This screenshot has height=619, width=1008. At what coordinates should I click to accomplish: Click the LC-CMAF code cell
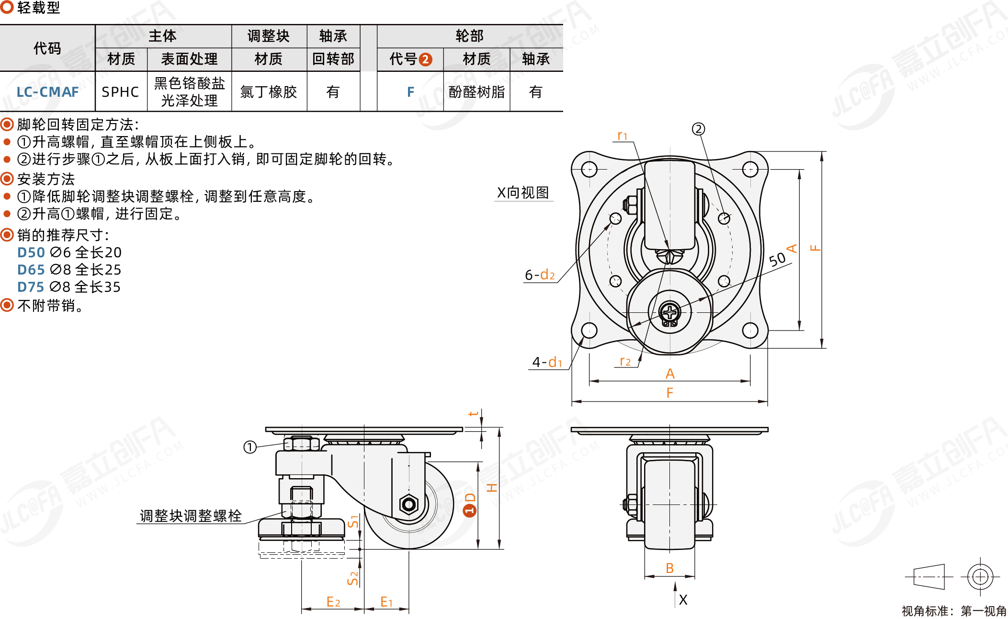pos(47,92)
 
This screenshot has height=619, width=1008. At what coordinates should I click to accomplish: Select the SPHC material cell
pos(120,92)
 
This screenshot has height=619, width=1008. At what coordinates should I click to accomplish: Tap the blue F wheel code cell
pos(410,92)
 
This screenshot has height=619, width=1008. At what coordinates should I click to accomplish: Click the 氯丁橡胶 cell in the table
pos(269,92)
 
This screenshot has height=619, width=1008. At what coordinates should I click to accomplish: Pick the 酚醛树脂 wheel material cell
pos(476,92)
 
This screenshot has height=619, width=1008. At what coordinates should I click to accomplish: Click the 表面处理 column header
pos(189,59)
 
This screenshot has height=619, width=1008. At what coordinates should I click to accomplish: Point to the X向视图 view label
pos(523,193)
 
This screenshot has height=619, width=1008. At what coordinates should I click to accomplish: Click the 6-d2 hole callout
pos(540,275)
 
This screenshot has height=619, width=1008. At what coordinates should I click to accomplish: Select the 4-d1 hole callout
pos(547,362)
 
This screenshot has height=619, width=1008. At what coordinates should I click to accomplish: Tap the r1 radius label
pos(623,136)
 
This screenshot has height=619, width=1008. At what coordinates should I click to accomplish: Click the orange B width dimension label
pos(669,568)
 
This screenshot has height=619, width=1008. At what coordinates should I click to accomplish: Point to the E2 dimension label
pos(333,602)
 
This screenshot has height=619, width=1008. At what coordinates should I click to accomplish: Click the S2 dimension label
pos(352,578)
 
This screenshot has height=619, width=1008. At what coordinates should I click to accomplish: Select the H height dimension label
pos(492,488)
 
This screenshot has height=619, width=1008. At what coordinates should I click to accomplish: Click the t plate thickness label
pos(473,413)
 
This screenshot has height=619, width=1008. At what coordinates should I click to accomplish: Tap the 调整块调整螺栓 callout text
pos(191,516)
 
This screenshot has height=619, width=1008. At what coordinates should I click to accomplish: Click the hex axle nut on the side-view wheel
pos(408,504)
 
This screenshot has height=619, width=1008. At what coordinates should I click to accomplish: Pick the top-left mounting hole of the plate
pos(589,169)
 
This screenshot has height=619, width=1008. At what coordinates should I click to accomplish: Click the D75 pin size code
pos(31,287)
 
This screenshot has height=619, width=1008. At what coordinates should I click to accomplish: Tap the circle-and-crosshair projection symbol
pos(980,576)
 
